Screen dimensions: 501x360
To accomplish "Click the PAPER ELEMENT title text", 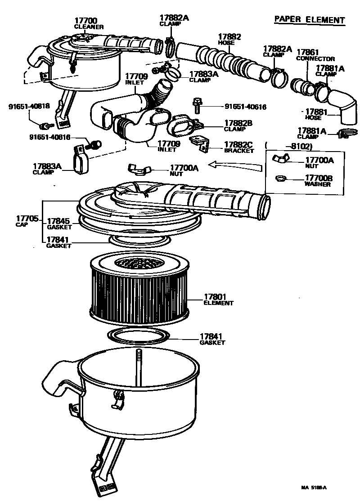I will (x=310, y=20).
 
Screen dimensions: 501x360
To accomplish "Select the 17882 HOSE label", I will (x=229, y=39).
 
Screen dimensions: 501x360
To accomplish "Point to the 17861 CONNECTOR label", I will (x=315, y=55).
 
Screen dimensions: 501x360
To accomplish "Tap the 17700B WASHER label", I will (x=319, y=181).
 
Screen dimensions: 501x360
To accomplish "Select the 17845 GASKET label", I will (x=58, y=224).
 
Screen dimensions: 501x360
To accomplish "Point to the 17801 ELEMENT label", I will (x=218, y=300).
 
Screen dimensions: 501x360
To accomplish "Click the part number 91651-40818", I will (x=29, y=107).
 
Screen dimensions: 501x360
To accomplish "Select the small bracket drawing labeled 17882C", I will (x=199, y=143).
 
